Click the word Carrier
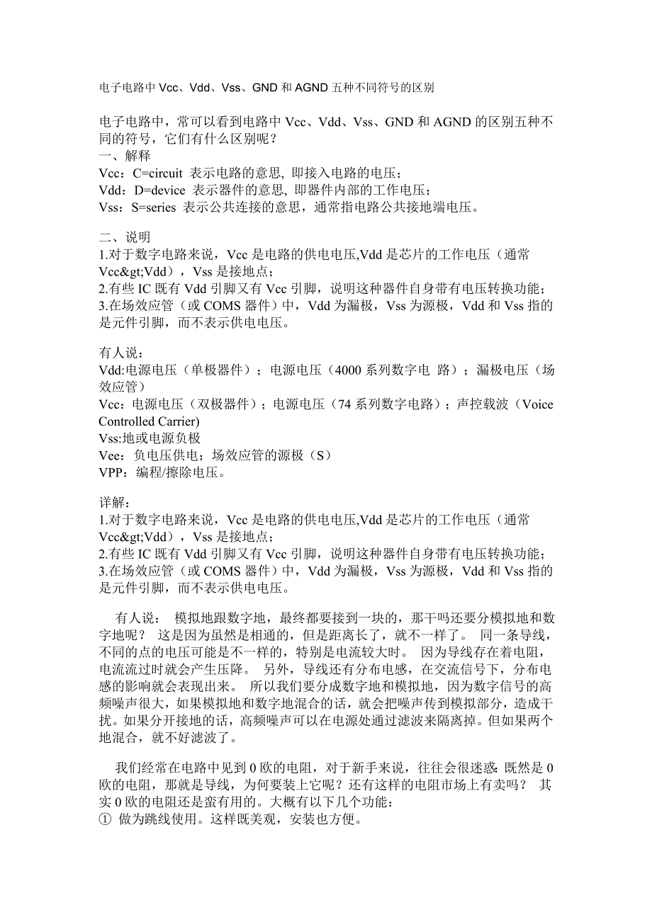(175, 421)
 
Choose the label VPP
(111, 472)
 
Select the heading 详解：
(114, 503)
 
